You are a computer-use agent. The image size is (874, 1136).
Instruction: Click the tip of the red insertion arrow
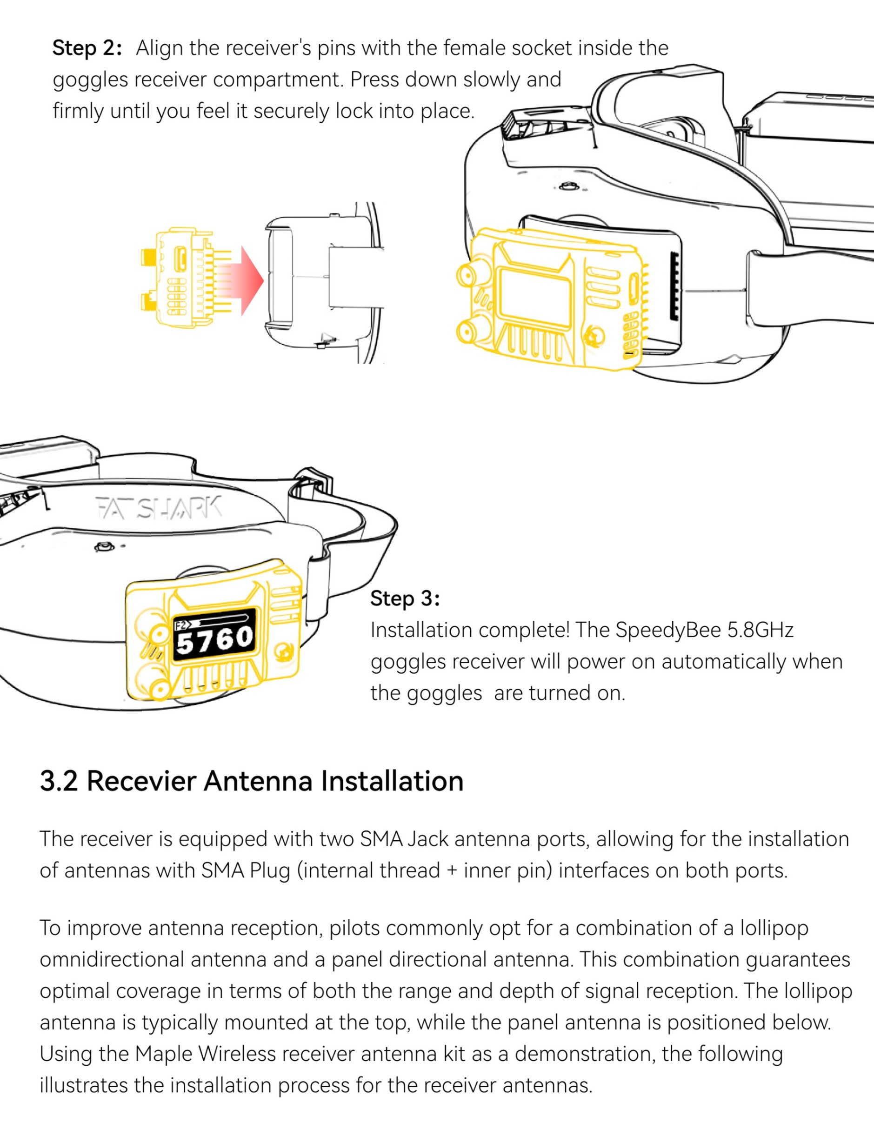pyautogui.click(x=264, y=281)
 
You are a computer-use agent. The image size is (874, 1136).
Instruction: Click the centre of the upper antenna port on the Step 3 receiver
pyautogui.click(x=158, y=635)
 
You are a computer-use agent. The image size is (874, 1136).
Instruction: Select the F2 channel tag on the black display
pyautogui.click(x=180, y=625)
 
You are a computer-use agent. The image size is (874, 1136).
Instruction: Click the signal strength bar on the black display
pyautogui.click(x=221, y=619)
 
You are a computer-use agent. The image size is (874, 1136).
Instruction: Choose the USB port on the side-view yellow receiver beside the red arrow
pyautogui.click(x=180, y=259)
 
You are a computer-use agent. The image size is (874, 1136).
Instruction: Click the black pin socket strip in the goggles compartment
pyautogui.click(x=675, y=286)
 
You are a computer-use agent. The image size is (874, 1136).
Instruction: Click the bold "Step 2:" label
pyautogui.click(x=87, y=48)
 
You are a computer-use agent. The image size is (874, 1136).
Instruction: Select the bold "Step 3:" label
pyautogui.click(x=405, y=598)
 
